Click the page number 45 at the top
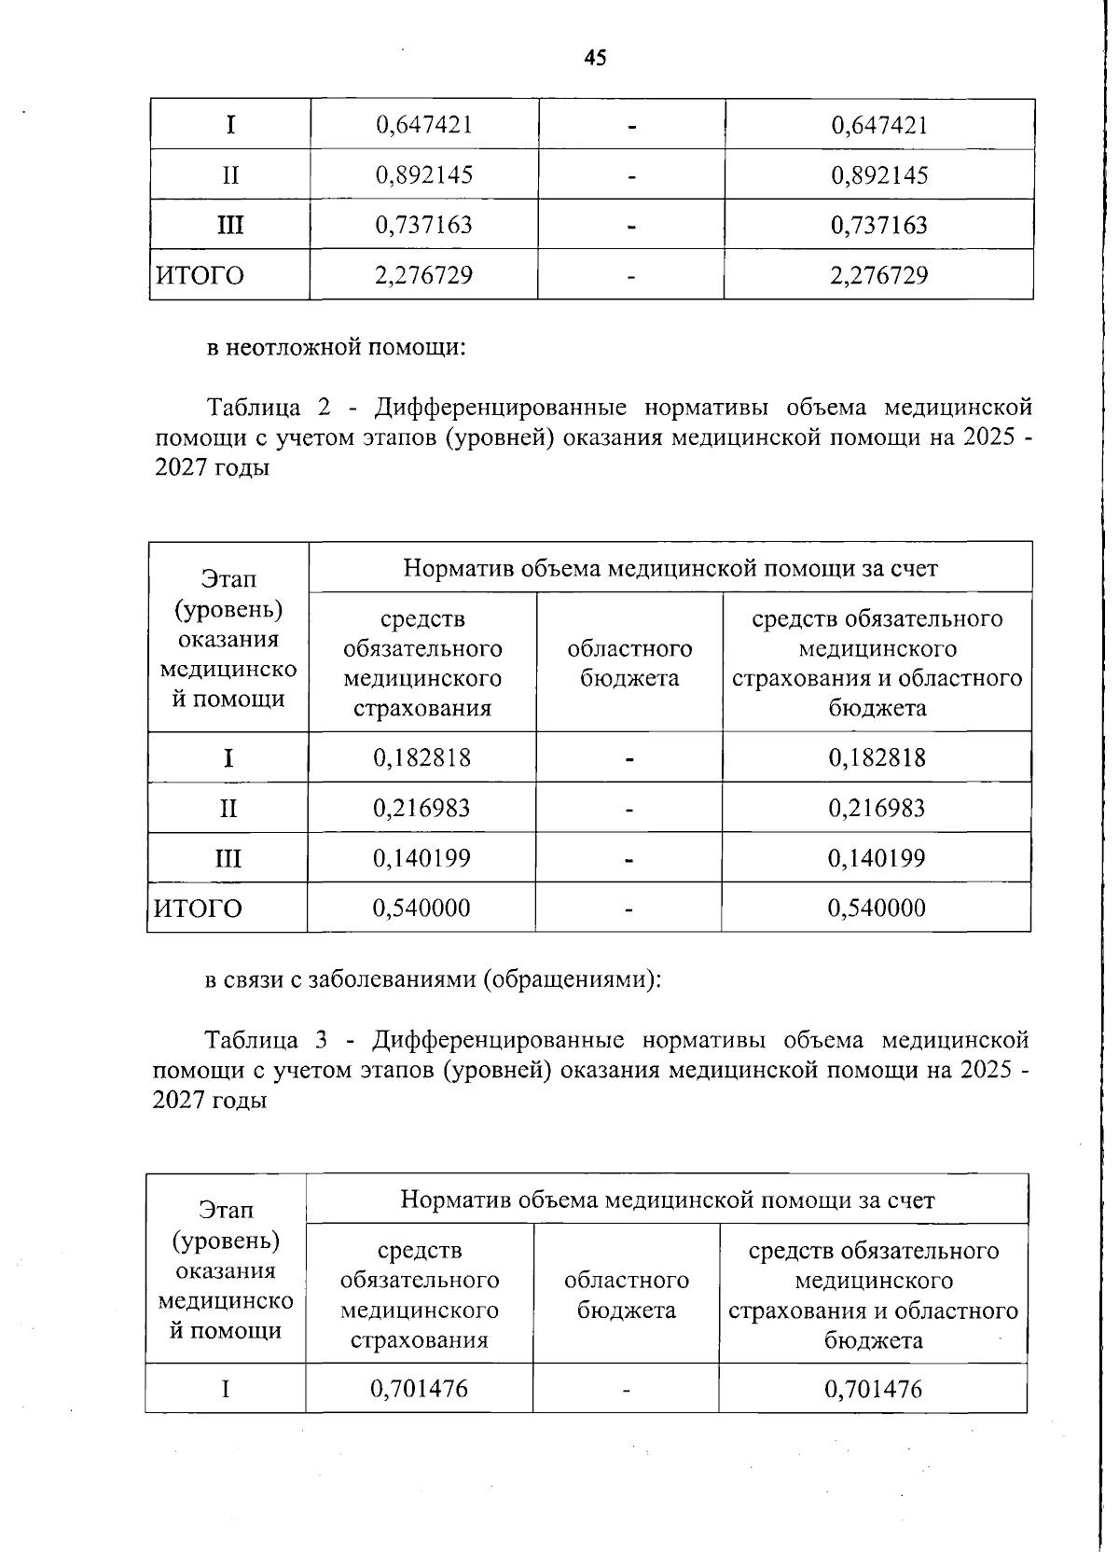tap(595, 58)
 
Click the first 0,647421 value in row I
tap(423, 124)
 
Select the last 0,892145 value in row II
tap(879, 174)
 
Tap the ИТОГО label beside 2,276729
tap(200, 275)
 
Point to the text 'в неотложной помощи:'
tap(336, 348)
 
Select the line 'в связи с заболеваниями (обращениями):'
tap(433, 980)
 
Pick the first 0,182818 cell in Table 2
tap(421, 757)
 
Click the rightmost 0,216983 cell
tap(877, 808)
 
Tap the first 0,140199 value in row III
tap(421, 858)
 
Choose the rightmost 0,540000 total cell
tap(877, 908)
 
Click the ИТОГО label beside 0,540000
tap(198, 908)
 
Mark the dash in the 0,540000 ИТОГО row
tap(629, 908)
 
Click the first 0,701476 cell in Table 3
tap(419, 1389)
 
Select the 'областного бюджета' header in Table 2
tap(629, 663)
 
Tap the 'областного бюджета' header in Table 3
tap(627, 1295)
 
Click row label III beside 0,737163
tap(230, 225)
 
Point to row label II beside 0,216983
tap(228, 808)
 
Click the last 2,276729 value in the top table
tap(879, 275)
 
